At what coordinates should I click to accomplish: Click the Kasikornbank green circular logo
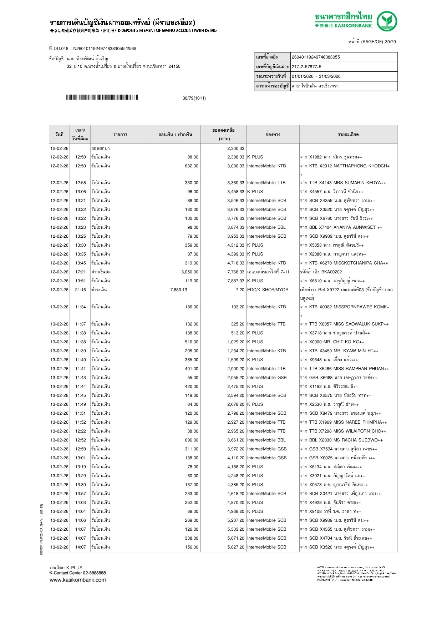[x=387, y=21]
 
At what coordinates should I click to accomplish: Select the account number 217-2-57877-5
[x=306, y=67]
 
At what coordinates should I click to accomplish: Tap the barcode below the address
[x=102, y=97]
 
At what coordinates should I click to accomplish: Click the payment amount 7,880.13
[x=179, y=290]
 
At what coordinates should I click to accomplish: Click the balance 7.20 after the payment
[x=240, y=290]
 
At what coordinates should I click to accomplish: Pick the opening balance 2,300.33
[x=235, y=148]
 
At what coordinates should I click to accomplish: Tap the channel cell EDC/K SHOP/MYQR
[x=268, y=290]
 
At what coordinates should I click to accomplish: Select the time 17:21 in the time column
[x=80, y=272]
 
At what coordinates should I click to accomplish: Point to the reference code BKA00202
[x=331, y=272]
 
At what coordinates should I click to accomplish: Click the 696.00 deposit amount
[x=192, y=440]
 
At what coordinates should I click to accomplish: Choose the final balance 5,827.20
[x=235, y=547]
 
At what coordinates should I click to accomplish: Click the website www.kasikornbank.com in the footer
[x=78, y=580]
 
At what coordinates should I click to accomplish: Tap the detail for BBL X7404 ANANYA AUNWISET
[x=341, y=227]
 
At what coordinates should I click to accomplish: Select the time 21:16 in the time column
[x=80, y=290]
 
